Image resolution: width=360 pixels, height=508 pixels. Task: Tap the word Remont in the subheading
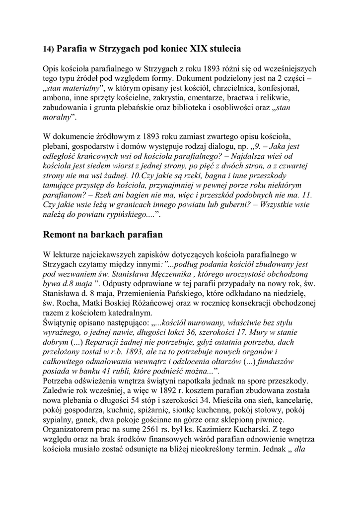(x=63, y=234)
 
